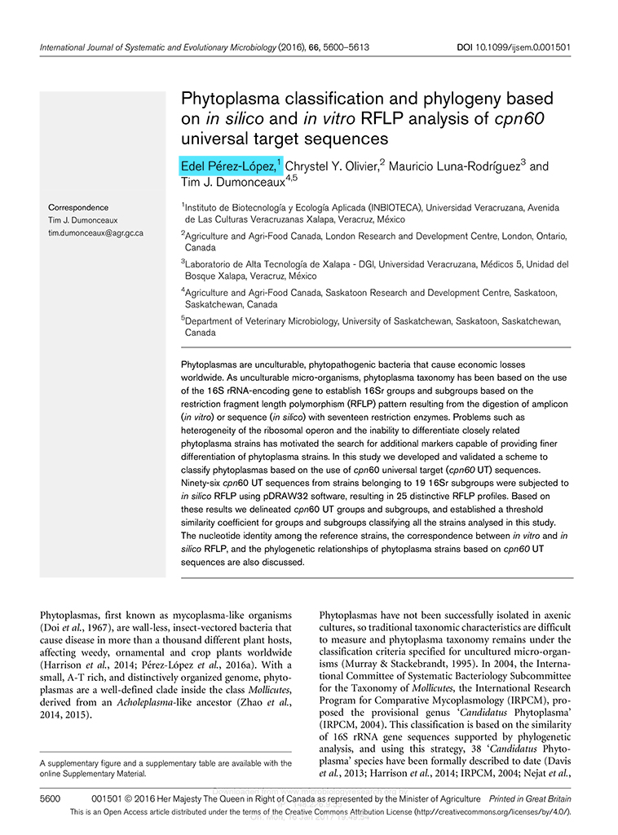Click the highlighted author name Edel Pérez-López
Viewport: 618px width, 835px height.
(228, 166)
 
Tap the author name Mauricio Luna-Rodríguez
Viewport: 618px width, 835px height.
(453, 166)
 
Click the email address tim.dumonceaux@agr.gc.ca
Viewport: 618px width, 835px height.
(96, 233)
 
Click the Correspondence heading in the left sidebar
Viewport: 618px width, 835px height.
(78, 208)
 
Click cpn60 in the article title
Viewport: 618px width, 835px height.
(519, 118)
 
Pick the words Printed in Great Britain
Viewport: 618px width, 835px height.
(530, 800)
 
